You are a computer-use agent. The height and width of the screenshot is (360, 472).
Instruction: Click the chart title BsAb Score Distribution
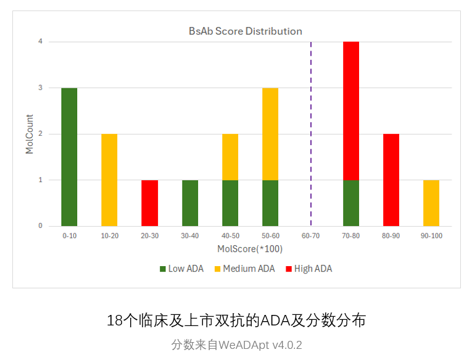tap(245, 31)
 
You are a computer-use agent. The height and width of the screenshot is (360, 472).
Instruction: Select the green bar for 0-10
tap(69, 157)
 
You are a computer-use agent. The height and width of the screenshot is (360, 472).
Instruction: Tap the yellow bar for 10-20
tap(109, 180)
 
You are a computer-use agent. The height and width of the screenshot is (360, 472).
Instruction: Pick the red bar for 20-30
tap(150, 203)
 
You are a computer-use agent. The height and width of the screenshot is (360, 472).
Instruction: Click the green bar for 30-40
tap(190, 203)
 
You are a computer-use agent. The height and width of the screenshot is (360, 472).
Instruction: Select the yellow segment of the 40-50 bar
tap(230, 157)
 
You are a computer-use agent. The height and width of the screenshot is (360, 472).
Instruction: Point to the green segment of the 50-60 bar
tap(270, 203)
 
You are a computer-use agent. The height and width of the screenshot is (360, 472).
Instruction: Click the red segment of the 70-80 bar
tap(351, 111)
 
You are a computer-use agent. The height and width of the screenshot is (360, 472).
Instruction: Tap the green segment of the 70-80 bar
tap(351, 203)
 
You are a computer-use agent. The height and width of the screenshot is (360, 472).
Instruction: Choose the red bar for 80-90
tap(391, 180)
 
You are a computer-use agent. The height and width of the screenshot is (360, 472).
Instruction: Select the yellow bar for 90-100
tap(431, 203)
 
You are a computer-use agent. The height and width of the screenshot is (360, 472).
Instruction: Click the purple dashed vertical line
tap(311, 123)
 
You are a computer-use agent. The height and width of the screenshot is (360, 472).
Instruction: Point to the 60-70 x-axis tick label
tap(310, 236)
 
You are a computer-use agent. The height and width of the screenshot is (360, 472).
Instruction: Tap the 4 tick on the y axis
tap(40, 42)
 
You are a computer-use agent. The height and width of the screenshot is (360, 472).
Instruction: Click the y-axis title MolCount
tap(30, 133)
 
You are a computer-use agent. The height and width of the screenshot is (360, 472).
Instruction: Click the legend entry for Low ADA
tap(183, 269)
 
